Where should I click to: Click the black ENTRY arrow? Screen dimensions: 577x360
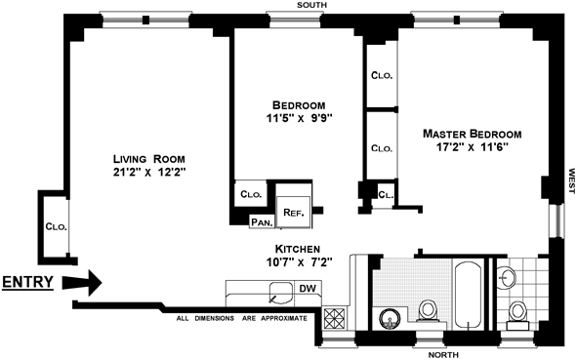click(x=82, y=283)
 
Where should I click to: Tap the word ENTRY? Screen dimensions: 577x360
click(x=28, y=282)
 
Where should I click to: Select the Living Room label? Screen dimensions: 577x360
click(x=149, y=159)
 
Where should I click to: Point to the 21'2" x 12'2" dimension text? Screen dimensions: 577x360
click(x=149, y=172)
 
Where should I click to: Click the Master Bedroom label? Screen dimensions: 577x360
click(x=473, y=134)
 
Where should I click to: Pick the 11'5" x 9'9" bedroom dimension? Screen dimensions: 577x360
click(x=299, y=118)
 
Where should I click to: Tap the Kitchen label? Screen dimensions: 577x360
click(x=298, y=249)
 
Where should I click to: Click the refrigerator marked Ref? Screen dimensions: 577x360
click(x=294, y=212)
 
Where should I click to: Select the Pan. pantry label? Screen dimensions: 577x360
click(x=263, y=222)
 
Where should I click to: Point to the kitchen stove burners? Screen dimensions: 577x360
click(x=335, y=318)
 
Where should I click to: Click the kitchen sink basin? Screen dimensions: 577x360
click(x=281, y=293)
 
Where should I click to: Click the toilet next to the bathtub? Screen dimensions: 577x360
click(x=428, y=311)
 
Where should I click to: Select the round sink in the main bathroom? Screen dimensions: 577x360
click(x=391, y=319)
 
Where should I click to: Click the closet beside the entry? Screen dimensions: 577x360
click(x=56, y=227)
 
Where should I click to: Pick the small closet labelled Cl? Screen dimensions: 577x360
click(x=386, y=195)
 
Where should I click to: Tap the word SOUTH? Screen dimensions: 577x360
click(x=311, y=5)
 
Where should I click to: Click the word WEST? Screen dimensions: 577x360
click(x=571, y=180)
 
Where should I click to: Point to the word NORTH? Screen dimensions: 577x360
click(x=443, y=355)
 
